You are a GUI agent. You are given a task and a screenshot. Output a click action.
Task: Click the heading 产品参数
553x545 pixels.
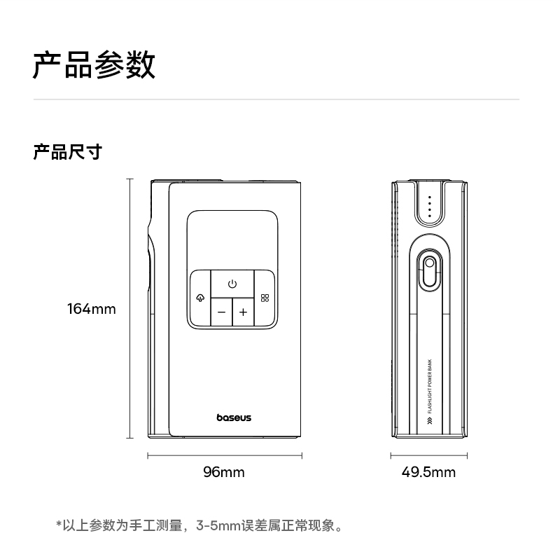tap(94, 65)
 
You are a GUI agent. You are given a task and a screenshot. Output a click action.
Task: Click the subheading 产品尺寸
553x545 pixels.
tap(67, 151)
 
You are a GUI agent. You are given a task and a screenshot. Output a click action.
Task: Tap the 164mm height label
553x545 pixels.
tap(91, 309)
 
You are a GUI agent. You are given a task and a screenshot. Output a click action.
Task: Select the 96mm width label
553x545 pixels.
tap(224, 472)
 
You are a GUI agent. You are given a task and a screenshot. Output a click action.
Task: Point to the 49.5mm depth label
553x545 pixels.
tap(428, 472)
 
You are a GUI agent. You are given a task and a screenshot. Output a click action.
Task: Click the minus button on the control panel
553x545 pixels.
tap(221, 312)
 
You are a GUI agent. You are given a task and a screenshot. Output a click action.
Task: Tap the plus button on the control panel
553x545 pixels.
tap(243, 312)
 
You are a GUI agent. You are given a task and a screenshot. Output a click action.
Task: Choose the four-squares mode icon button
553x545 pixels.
tap(265, 298)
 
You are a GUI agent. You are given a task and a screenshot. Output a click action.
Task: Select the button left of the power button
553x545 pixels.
tap(200, 298)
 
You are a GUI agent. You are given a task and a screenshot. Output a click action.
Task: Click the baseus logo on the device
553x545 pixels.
tap(233, 418)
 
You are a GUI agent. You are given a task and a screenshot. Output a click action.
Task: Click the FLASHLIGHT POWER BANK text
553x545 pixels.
tap(429, 387)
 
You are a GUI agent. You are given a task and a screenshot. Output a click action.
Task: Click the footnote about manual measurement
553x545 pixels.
tap(199, 524)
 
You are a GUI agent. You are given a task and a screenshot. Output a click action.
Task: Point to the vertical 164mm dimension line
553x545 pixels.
tap(129, 308)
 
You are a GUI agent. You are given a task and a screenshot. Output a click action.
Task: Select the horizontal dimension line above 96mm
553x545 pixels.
tap(224, 456)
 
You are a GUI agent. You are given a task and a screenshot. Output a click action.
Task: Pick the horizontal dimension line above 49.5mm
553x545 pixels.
tap(428, 456)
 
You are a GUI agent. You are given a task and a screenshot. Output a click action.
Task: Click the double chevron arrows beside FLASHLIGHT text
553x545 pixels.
tap(429, 421)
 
